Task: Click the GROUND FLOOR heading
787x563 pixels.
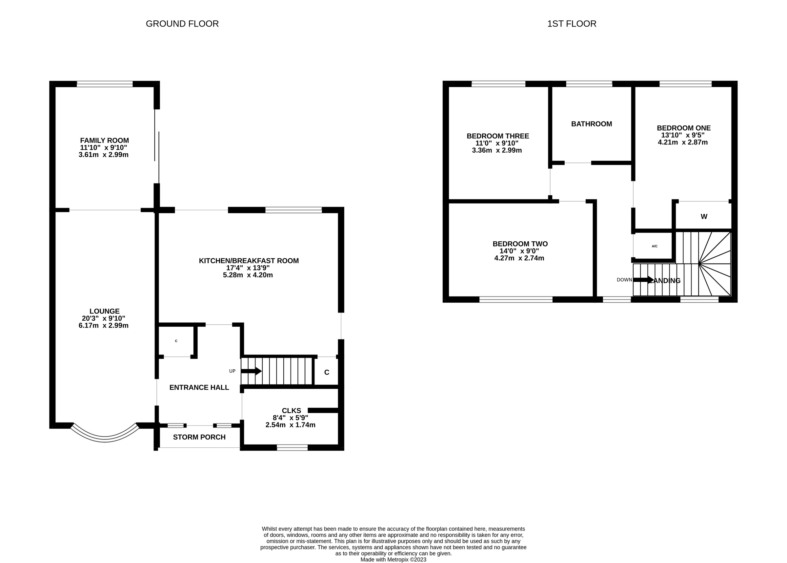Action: [x=182, y=24]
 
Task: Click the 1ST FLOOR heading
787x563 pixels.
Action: [x=572, y=24]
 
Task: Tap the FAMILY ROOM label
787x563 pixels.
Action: [x=104, y=141]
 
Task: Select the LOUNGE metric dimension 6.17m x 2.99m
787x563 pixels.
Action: [x=104, y=326]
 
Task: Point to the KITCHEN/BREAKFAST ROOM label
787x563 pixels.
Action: [x=249, y=261]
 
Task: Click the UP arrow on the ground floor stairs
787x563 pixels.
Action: [x=251, y=371]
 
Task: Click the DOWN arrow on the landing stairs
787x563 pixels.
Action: [x=643, y=280]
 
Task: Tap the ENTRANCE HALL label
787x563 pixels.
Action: [x=199, y=388]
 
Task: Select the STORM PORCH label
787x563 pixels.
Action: [x=199, y=437]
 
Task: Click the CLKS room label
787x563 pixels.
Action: [x=291, y=410]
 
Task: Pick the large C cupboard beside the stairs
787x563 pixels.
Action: [x=327, y=372]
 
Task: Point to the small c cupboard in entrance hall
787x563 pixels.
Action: [x=176, y=341]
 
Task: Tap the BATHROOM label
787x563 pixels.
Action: [x=591, y=124]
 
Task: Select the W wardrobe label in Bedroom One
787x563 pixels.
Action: [x=704, y=217]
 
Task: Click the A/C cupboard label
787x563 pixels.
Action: [x=655, y=246]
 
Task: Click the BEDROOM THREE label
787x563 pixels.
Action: [x=497, y=136]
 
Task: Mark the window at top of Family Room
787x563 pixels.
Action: [x=105, y=84]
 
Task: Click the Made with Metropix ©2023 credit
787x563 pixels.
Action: [x=393, y=559]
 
